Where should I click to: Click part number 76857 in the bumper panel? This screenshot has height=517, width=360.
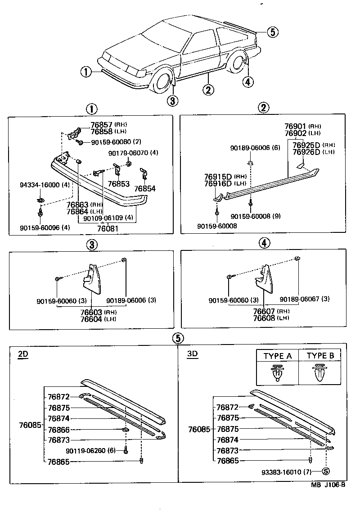101,125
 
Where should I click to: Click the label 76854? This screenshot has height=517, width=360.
145,189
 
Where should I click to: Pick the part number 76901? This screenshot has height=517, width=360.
295,127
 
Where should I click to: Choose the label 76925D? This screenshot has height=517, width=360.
306,145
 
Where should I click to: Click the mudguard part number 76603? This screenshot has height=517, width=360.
91,312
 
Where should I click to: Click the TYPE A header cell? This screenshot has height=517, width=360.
277,356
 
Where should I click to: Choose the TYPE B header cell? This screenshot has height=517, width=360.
320,356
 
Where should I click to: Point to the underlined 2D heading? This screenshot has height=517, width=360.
23,354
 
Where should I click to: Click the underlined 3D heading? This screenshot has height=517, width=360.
192,354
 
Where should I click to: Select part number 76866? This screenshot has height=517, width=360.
58,430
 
